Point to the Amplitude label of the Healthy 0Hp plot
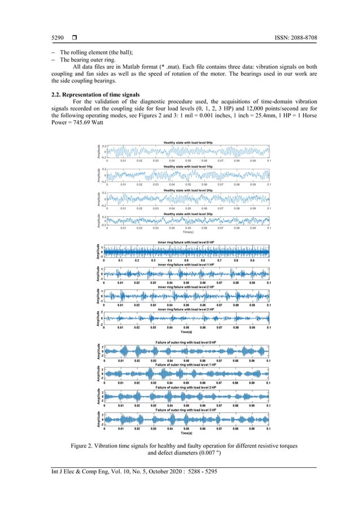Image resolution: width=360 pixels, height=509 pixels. point(99,151)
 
